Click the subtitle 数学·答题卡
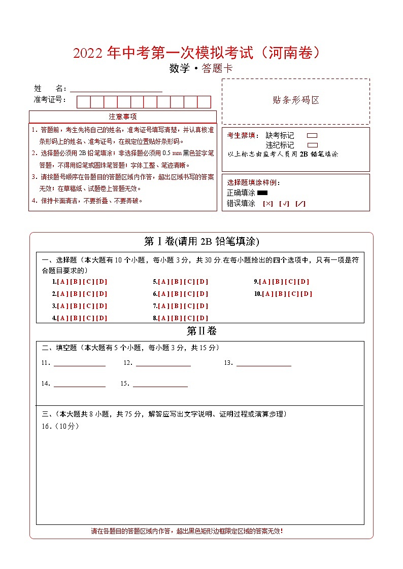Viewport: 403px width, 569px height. coord(201,69)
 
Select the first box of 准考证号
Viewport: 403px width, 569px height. coord(84,102)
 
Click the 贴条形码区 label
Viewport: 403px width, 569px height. coord(296,100)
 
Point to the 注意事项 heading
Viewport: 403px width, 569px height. coord(123,117)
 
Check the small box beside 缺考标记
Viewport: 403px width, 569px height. coord(312,136)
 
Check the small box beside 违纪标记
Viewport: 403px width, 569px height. coord(312,145)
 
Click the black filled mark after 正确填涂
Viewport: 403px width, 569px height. coord(262,193)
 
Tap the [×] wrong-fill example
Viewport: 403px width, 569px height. coord(268,204)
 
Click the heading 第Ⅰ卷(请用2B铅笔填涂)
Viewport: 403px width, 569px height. coord(202,242)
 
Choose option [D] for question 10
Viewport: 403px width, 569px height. coord(306,294)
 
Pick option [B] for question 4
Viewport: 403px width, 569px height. coord(75,318)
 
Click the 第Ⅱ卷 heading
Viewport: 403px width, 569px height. coord(202,331)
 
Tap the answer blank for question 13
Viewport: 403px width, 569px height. coord(263,363)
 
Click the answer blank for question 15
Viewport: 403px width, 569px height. coord(160,384)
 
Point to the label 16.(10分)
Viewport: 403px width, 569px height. coord(60,426)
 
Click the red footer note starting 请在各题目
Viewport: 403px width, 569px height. coord(187,531)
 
